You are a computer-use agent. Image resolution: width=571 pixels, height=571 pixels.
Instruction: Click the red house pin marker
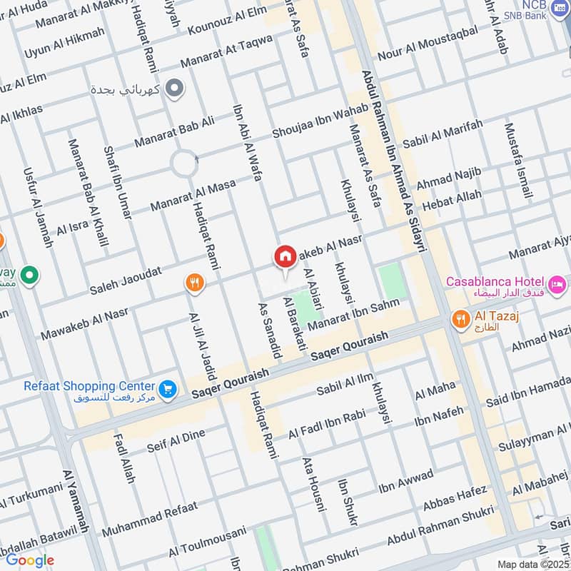point(285,257)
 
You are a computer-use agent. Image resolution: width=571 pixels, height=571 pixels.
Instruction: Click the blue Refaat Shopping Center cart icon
point(168,388)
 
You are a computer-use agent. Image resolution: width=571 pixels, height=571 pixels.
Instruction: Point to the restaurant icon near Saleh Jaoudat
point(193,283)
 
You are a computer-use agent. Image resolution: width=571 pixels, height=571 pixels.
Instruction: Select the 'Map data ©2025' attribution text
point(532,565)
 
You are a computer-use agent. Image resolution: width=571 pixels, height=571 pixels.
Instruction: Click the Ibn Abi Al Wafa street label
point(247,143)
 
